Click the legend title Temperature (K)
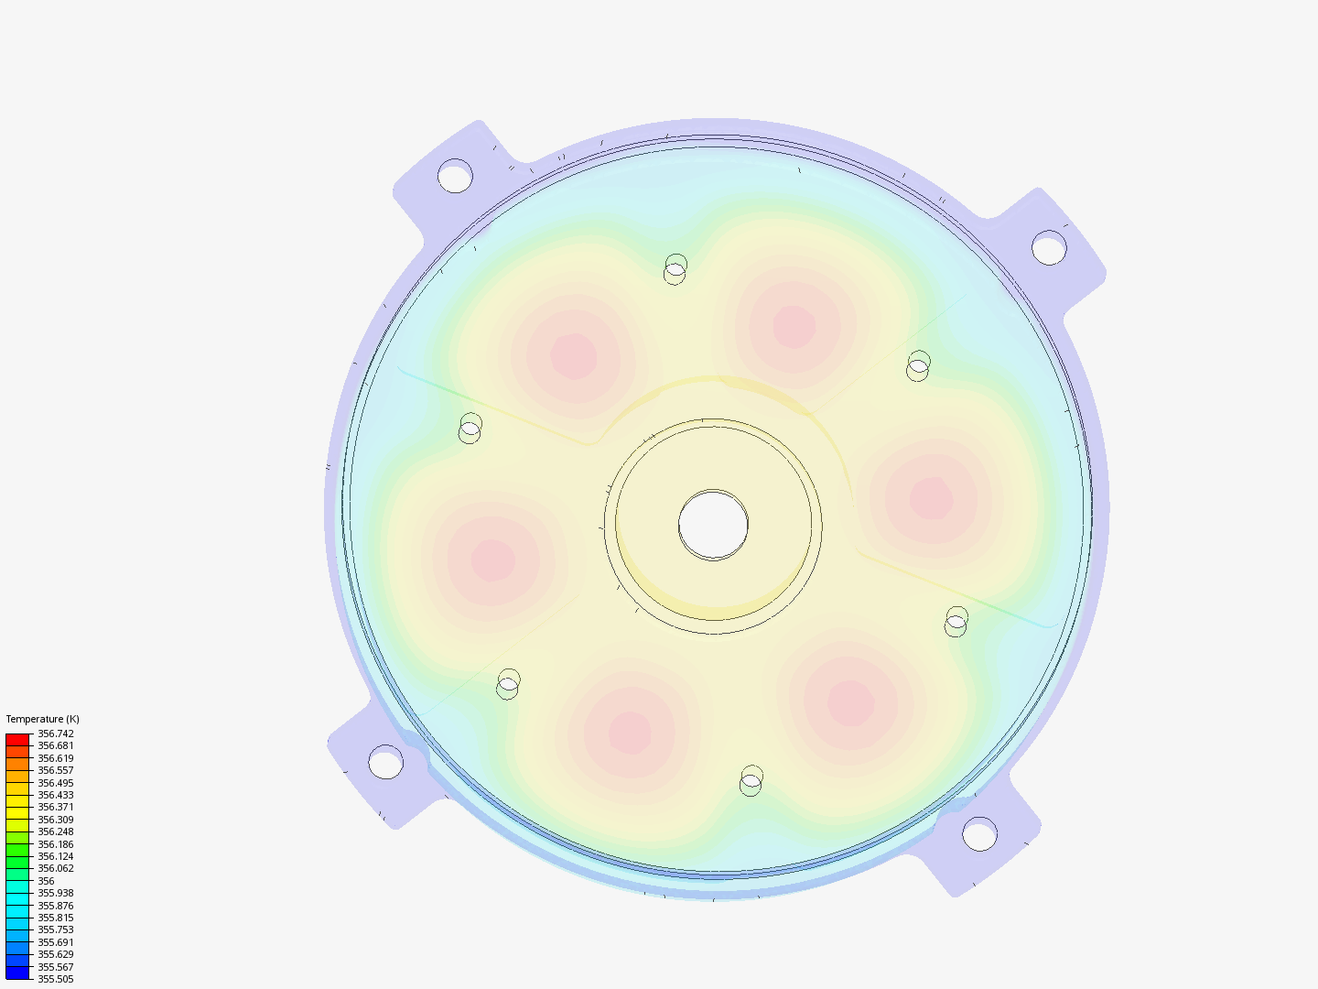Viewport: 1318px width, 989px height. pos(42,719)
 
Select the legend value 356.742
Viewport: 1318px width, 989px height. pos(55,734)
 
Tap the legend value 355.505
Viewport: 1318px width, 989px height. pos(55,979)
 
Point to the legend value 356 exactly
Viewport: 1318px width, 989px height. pos(46,881)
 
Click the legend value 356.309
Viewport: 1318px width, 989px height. pos(55,820)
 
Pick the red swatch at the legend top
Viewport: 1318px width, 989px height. pos(17,739)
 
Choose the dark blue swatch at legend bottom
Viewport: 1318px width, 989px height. pos(17,973)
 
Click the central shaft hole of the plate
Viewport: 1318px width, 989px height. pos(713,525)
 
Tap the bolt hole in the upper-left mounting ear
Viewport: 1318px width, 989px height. pos(455,176)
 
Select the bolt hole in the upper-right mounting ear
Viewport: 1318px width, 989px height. pos(1049,248)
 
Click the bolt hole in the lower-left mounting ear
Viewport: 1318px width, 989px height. pos(385,762)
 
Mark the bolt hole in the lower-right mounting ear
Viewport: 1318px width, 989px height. pos(979,834)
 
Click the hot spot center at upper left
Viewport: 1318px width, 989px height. pos(574,356)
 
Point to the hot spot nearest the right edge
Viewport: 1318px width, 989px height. pos(932,497)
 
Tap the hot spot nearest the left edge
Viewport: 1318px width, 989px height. pos(492,560)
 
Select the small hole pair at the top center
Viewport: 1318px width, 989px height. pos(675,269)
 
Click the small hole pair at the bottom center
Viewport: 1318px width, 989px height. pos(751,781)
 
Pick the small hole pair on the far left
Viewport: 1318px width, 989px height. pos(470,429)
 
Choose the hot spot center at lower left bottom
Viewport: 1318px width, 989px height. pos(630,732)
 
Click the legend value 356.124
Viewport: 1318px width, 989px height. pos(55,856)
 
